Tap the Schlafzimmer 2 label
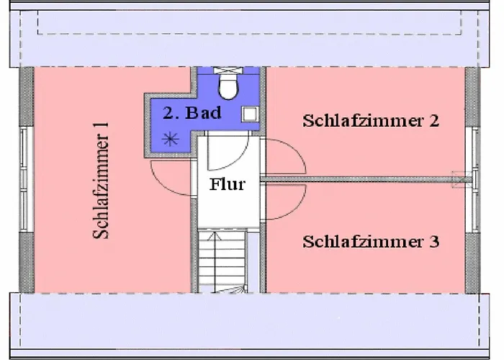click(371, 120)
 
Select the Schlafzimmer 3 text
click(371, 241)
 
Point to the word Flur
click(227, 184)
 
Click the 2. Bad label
click(192, 113)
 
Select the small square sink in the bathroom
click(249, 114)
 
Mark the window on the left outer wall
click(23, 179)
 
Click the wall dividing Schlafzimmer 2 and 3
click(360, 177)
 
